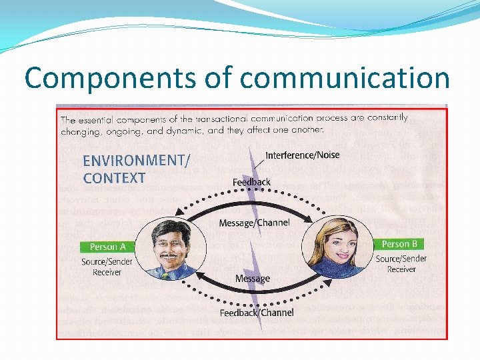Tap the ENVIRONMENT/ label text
point(135,160)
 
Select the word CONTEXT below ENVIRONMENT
point(114,178)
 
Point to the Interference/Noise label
point(302,155)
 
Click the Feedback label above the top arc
point(251,182)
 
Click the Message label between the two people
point(252,278)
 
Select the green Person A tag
point(108,247)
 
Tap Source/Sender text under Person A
point(107,262)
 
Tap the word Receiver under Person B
point(401,269)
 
